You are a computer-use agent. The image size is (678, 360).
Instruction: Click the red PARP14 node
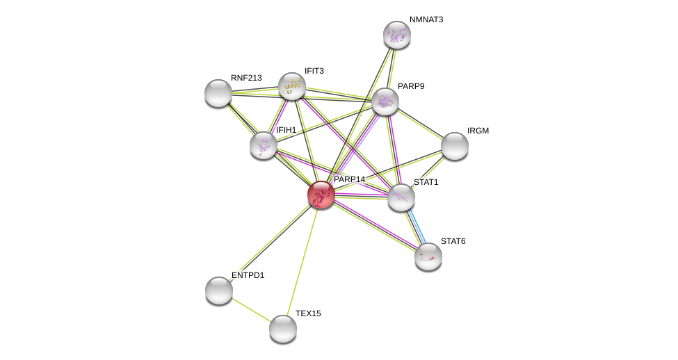click(x=321, y=195)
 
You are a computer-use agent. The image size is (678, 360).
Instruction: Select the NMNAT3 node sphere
click(x=397, y=35)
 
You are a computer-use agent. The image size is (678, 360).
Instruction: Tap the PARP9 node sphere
click(x=385, y=102)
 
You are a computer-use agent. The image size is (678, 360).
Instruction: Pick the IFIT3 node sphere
click(x=292, y=86)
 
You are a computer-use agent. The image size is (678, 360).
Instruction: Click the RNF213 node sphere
click(x=218, y=93)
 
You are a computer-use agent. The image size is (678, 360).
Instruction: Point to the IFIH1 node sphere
click(x=264, y=146)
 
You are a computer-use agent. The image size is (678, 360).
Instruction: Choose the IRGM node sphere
click(x=455, y=146)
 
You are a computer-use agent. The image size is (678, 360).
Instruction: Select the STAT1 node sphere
click(x=401, y=197)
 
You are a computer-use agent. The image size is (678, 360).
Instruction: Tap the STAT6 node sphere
click(x=428, y=256)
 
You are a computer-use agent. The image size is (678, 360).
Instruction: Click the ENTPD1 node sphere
click(x=219, y=291)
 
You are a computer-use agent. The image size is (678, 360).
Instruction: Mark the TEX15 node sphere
click(x=283, y=329)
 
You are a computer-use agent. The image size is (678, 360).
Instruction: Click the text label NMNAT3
click(x=426, y=19)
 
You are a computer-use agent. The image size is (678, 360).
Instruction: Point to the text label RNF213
click(x=246, y=78)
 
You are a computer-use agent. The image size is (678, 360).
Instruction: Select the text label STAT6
click(x=453, y=241)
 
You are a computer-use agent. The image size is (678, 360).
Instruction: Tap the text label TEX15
click(x=308, y=313)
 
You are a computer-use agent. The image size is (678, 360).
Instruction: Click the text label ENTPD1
click(x=248, y=275)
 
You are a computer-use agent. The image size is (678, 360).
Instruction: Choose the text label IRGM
click(x=478, y=131)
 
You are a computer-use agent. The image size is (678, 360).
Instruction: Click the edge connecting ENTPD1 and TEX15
click(x=251, y=310)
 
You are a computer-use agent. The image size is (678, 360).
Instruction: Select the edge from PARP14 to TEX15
click(x=302, y=262)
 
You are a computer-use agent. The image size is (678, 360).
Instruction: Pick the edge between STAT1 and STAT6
click(x=415, y=227)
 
